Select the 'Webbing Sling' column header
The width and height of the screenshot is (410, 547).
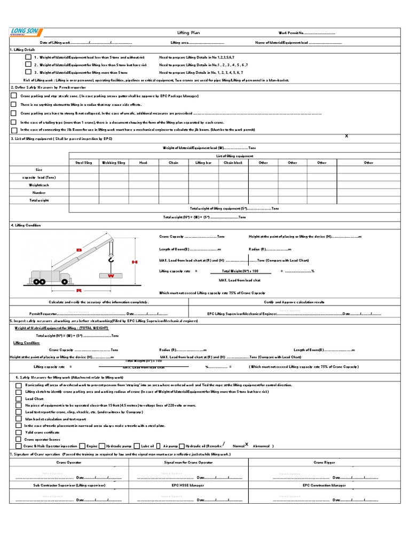[x=113, y=162]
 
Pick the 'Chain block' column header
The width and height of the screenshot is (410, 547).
[x=233, y=162]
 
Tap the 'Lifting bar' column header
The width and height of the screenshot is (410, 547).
[x=203, y=162]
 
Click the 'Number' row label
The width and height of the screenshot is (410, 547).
[x=39, y=192]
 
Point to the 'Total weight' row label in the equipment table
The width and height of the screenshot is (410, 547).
[x=39, y=200]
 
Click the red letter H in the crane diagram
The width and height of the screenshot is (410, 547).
[x=135, y=262]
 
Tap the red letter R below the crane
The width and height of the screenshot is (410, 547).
[x=79, y=291]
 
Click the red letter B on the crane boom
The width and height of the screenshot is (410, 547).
[x=78, y=250]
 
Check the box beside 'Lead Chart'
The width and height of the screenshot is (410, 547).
[x=19, y=399]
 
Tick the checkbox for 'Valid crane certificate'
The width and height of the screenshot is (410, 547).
[x=19, y=432]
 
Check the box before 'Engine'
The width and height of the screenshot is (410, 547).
[x=82, y=446]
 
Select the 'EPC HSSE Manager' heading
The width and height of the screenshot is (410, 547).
[x=188, y=485]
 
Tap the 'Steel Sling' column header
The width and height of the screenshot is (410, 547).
[x=84, y=162]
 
